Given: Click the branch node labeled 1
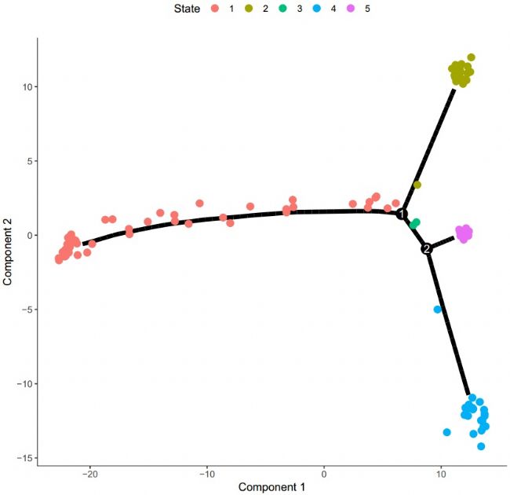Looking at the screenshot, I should pyautogui.click(x=402, y=214).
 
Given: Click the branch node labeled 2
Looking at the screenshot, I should pyautogui.click(x=427, y=249).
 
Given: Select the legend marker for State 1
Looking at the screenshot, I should pyautogui.click(x=215, y=10).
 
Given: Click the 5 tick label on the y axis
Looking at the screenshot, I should pyautogui.click(x=27, y=161).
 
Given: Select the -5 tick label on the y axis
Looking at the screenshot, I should pyautogui.click(x=26, y=310).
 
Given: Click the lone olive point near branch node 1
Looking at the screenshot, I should pyautogui.click(x=417, y=185).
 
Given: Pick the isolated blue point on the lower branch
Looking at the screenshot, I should pyautogui.click(x=438, y=310).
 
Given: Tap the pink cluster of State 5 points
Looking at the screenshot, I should pyautogui.click(x=464, y=233).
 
